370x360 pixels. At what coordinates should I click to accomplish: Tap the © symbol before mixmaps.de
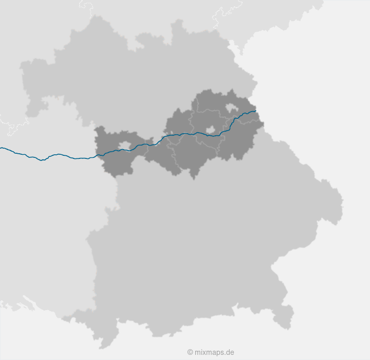click(x=190, y=352)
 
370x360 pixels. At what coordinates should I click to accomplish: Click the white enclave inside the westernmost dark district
click(x=125, y=146)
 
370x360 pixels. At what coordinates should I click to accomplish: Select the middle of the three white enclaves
click(x=210, y=130)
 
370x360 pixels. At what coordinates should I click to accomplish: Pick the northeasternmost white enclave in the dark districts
click(x=231, y=108)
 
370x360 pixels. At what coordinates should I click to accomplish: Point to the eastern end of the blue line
click(x=255, y=111)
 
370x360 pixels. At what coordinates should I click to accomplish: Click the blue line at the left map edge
click(x=2, y=148)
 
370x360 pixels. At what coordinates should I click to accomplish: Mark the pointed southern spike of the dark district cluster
click(x=193, y=178)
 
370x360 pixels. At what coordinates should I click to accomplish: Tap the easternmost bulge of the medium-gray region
click(x=339, y=206)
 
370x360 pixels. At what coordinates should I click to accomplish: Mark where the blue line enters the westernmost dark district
click(x=97, y=155)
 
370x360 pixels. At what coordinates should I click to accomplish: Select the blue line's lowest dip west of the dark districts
click(x=42, y=160)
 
